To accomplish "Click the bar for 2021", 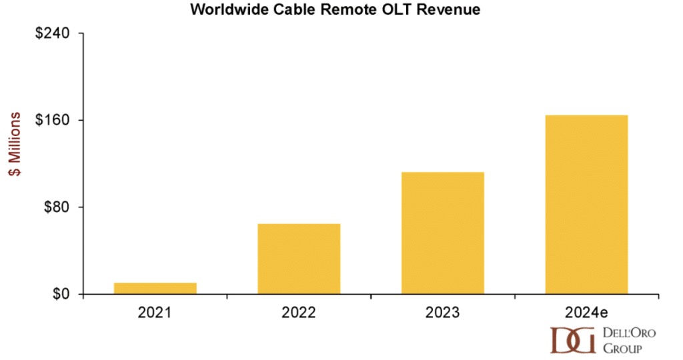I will tap(155, 288).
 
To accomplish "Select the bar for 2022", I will tap(299, 259).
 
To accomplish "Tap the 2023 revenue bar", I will tap(442, 233).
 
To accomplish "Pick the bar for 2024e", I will tap(586, 204).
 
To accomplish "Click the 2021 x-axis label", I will tap(155, 312).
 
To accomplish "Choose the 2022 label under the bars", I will tap(299, 312).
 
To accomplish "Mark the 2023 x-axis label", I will tap(442, 312).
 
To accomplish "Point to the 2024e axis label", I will tap(586, 312).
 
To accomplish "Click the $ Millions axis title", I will tap(14, 144).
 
